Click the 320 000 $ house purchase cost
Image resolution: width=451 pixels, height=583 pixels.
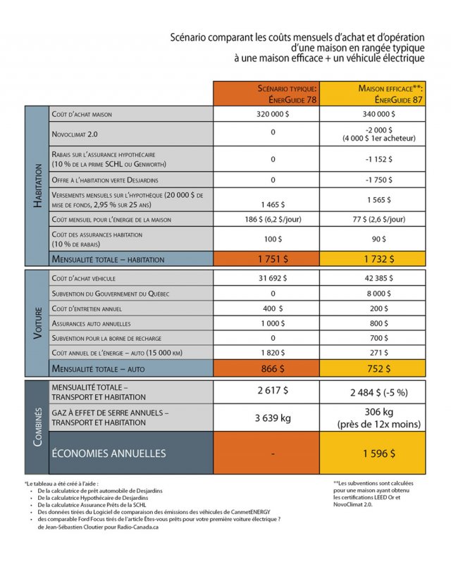click(x=273, y=113)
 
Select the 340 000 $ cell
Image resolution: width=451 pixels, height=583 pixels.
click(x=380, y=113)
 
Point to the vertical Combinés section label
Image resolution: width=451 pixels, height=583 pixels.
click(x=37, y=427)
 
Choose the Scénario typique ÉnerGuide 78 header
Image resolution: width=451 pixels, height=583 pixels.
click(x=273, y=94)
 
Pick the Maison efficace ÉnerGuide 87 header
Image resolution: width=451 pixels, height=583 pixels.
click(x=380, y=94)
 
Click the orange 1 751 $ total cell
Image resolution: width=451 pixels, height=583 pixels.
click(x=273, y=259)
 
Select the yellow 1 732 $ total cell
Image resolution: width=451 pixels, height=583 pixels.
click(x=380, y=259)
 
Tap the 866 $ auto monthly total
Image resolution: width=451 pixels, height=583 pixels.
click(x=273, y=368)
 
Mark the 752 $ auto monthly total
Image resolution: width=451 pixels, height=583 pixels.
click(x=380, y=368)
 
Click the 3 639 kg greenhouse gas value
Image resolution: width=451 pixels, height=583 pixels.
click(x=273, y=418)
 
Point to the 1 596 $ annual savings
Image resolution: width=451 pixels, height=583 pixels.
click(x=380, y=453)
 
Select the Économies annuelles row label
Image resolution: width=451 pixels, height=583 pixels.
click(x=109, y=453)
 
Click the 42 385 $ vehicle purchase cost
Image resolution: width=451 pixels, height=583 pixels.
click(x=380, y=277)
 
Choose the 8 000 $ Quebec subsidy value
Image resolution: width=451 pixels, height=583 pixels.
click(x=380, y=293)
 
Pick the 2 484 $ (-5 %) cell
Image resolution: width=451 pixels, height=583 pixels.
click(x=380, y=391)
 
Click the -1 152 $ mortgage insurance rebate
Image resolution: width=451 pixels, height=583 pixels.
click(x=380, y=158)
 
